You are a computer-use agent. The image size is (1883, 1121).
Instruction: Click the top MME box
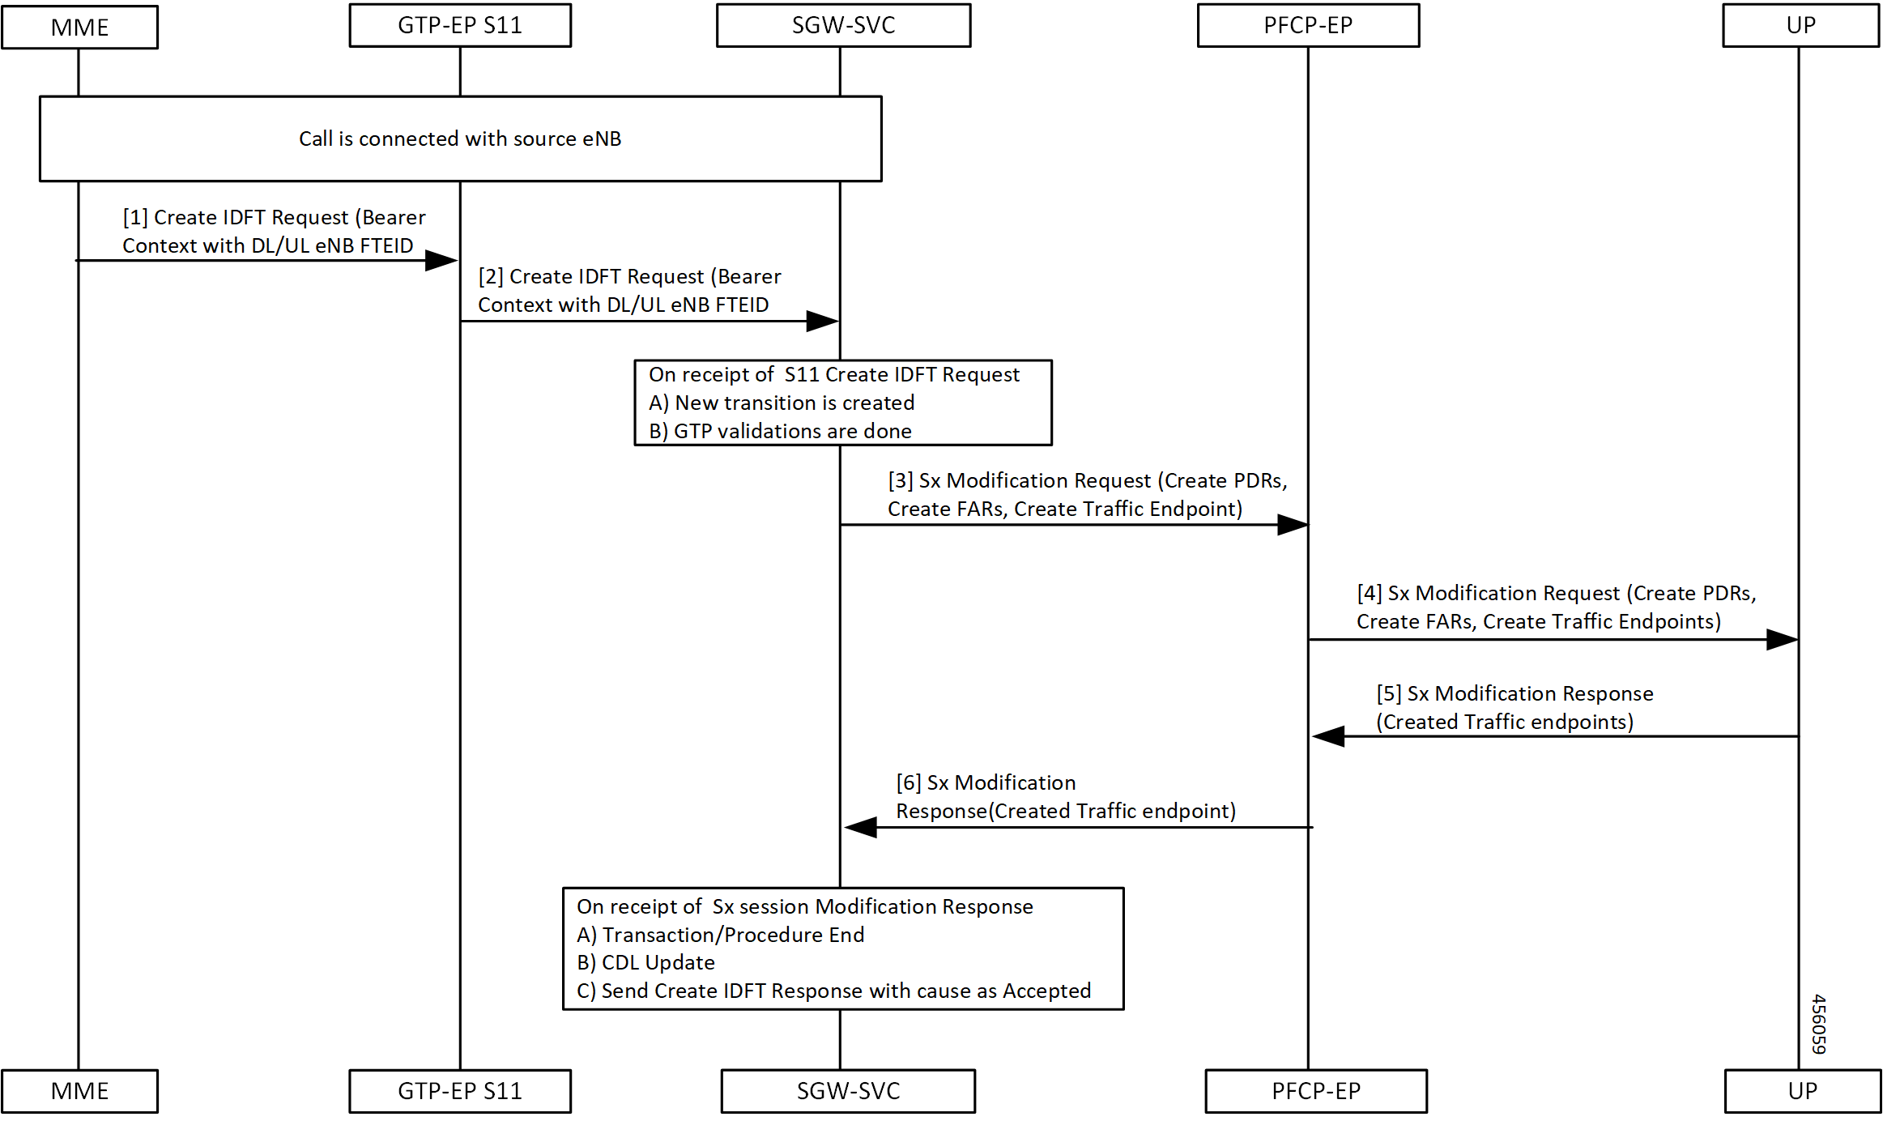pos(79,28)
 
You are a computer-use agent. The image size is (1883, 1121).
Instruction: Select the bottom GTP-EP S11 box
pos(460,1091)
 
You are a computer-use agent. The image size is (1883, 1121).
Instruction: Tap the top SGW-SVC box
pos(843,26)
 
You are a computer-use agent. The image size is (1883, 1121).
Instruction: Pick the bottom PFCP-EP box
pos(1316,1091)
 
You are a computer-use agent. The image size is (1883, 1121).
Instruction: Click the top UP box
pos(1800,26)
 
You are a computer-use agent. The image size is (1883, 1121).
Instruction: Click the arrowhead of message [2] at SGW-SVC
pos(822,321)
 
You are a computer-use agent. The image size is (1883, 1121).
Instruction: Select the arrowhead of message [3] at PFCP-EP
pos(1293,525)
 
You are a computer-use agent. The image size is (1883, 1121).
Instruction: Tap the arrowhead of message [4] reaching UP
pos(1782,640)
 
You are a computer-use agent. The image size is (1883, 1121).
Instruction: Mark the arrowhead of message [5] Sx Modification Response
pos(1329,736)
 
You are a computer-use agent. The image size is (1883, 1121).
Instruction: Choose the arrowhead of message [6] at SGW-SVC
pos(861,827)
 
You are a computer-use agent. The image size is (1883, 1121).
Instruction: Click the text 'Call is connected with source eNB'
pos(460,139)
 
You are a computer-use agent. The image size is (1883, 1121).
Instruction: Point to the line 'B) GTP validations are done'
pos(780,431)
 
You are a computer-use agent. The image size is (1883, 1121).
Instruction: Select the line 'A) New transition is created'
pos(782,403)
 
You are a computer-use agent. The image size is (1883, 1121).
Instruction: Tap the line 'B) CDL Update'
pos(645,962)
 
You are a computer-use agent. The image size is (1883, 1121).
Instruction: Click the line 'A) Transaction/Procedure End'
pos(720,935)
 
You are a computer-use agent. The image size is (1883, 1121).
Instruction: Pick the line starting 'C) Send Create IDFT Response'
pos(833,991)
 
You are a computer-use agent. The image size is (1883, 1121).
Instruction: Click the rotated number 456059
pos(1818,1024)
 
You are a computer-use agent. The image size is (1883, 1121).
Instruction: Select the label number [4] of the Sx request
pos(1370,593)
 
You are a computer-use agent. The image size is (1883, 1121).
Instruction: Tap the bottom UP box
pos(1803,1091)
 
